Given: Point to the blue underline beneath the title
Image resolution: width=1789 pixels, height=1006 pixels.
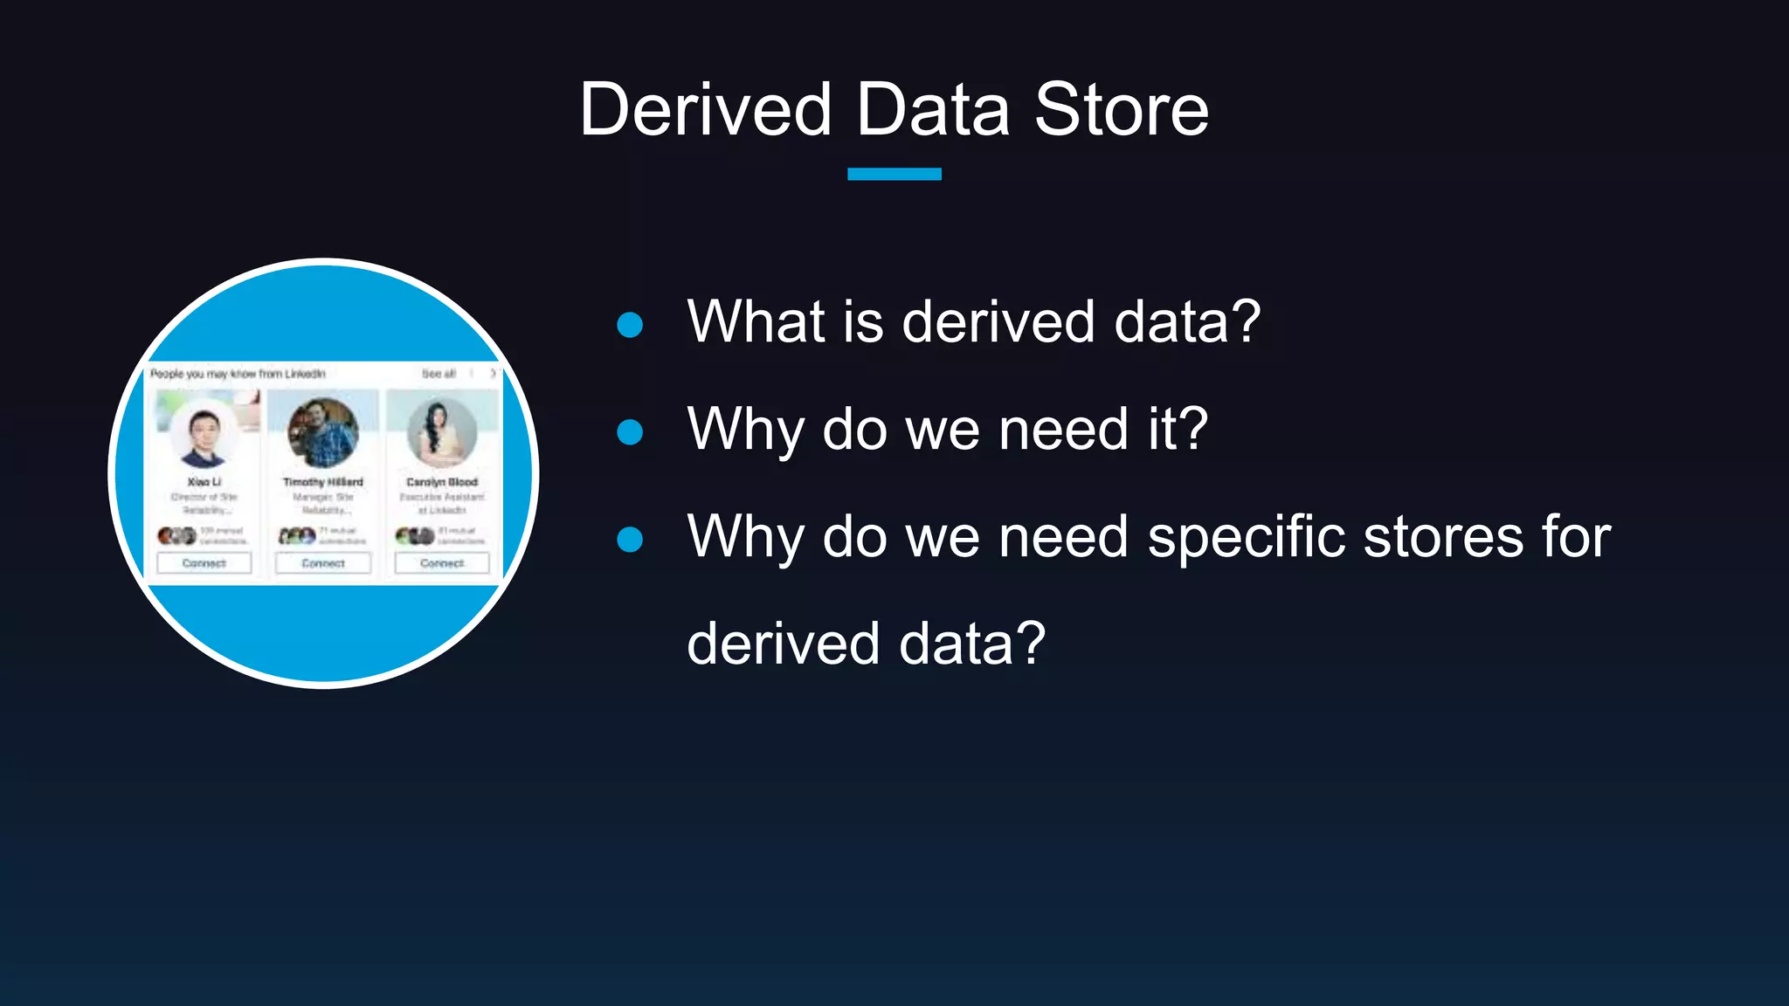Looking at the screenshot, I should point(894,174).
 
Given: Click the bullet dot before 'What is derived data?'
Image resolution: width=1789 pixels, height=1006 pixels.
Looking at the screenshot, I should point(630,325).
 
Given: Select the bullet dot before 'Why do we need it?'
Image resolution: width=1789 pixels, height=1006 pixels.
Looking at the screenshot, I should point(630,431).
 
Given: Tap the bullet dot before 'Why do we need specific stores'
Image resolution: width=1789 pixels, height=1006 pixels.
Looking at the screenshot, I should point(630,539).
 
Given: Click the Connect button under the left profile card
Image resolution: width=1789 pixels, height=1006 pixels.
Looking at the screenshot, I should point(204,563).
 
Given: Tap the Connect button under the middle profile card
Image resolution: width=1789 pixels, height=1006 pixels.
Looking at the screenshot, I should point(323,563).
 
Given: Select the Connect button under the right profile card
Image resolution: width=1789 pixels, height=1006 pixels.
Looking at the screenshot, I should point(442,563).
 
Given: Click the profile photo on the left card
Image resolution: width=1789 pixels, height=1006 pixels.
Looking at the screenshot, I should point(204,434).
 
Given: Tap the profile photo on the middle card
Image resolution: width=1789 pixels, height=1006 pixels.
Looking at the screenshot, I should point(323,432).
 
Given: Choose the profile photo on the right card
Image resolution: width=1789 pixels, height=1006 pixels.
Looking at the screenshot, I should point(442,432).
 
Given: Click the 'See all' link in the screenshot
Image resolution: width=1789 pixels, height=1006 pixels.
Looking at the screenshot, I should point(439,374).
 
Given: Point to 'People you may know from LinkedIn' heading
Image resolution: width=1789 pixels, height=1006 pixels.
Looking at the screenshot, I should point(238,374).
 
